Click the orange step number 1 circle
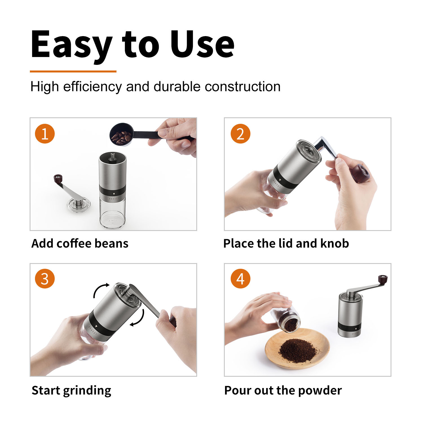pos(45,134)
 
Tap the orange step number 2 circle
pos(240,134)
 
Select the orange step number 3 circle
pos(45,279)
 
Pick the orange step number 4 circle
pos(240,279)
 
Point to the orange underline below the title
pos(73,72)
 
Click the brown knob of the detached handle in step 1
pos(58,179)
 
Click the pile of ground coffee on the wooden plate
pos(298,351)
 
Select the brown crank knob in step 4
pos(383,279)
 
